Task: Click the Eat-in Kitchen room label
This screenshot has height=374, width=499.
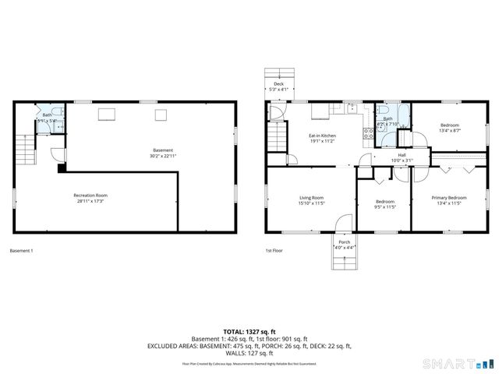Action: click(322, 136)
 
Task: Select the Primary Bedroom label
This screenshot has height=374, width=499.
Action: click(449, 198)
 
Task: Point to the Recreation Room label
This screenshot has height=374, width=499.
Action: click(90, 195)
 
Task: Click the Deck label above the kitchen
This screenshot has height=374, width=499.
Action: click(278, 83)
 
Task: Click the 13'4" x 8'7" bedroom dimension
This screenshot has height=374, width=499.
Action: click(449, 131)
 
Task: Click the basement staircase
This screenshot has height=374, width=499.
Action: click(26, 147)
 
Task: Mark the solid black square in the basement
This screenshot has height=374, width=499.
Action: click(62, 167)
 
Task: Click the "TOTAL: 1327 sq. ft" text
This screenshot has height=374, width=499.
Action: click(249, 331)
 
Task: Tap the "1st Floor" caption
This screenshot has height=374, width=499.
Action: click(274, 251)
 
